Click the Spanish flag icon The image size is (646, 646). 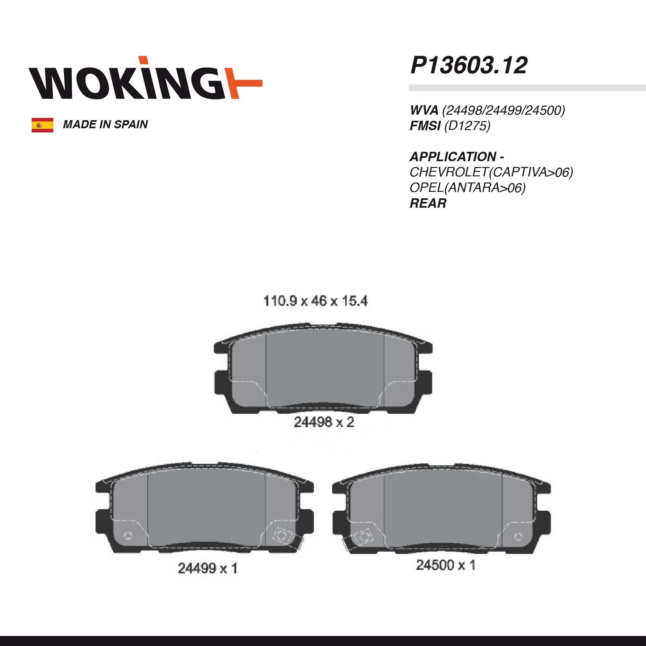coord(42,125)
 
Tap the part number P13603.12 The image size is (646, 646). coord(469,65)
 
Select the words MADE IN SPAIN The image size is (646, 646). coord(105,124)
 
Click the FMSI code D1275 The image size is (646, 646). coord(467,126)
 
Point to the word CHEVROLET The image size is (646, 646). coord(449,172)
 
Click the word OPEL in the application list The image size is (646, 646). coord(427,188)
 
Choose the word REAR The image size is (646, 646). coord(428,203)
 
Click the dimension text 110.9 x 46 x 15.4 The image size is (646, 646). coord(315,301)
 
